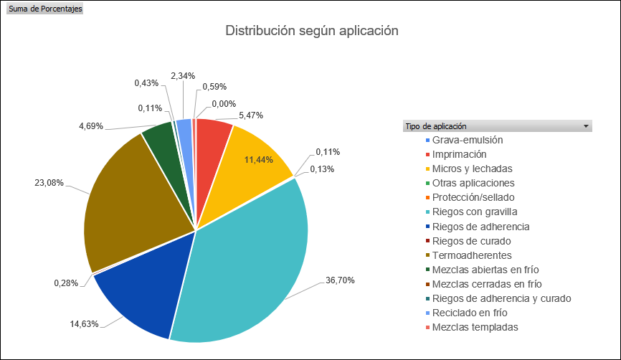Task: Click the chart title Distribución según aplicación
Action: coord(311,31)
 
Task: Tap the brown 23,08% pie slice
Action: coord(129,201)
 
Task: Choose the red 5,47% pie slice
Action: coord(212,136)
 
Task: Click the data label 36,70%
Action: coord(340,280)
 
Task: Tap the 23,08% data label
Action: coord(49,183)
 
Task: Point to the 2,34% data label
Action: coord(183,75)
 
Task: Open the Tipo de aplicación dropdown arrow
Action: coord(587,126)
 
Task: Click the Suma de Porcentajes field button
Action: coord(44,9)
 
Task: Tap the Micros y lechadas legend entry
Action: coord(477,169)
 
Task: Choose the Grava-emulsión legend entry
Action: coord(473,140)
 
